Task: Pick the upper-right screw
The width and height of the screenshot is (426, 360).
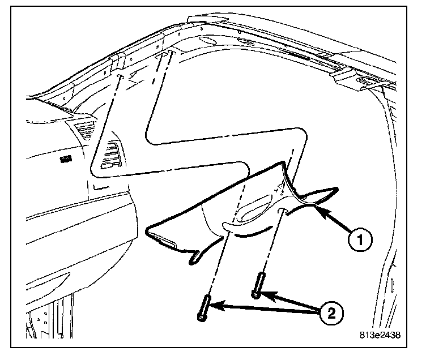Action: pos(258,285)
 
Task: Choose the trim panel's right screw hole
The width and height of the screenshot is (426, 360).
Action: pos(282,211)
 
